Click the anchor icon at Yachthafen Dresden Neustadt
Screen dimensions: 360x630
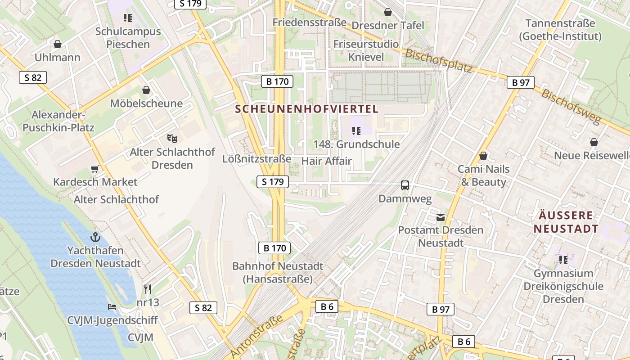(95, 237)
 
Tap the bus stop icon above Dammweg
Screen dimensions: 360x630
(405, 185)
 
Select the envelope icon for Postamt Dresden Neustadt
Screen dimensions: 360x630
(440, 217)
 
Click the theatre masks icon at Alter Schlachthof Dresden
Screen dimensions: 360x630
(172, 138)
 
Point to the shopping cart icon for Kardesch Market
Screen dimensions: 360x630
(94, 169)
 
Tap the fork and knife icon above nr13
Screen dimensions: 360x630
(148, 288)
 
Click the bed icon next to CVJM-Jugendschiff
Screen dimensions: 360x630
(112, 307)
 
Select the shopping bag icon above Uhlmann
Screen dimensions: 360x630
(58, 44)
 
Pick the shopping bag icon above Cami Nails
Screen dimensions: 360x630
(483, 156)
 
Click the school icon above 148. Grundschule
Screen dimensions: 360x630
(356, 131)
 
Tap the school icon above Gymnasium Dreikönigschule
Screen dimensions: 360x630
(563, 260)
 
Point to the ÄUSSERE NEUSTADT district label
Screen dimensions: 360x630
(566, 222)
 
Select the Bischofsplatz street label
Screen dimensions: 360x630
(439, 61)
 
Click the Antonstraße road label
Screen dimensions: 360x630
(257, 336)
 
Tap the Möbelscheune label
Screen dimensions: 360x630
(147, 103)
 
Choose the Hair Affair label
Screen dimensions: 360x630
(327, 161)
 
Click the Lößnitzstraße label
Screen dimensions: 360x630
(256, 159)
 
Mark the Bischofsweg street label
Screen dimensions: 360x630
(571, 107)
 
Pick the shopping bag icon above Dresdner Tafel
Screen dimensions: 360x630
(387, 12)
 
